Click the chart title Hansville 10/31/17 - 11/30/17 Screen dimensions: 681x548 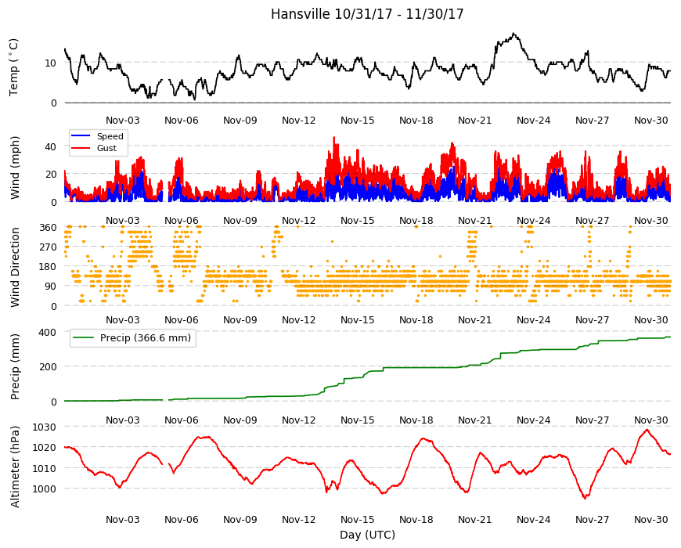coord(367,14)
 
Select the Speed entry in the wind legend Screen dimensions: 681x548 coord(110,136)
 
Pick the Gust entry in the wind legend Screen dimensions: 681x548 coord(106,148)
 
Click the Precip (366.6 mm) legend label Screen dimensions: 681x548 coord(146,338)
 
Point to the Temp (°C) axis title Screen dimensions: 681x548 coord(14,67)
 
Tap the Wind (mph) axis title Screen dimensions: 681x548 coord(15,168)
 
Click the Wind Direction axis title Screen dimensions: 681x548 coord(15,268)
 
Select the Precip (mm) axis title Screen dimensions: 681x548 coord(15,366)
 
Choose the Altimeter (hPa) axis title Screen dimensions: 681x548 coord(15,467)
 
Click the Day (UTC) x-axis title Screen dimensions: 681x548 coord(367,535)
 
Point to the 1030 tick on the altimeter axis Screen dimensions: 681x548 coord(45,427)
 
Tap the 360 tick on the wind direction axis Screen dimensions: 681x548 coord(49,228)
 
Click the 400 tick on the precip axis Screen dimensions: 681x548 coord(48,332)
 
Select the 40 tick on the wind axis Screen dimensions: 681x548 coord(50,146)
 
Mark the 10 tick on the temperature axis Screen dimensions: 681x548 coord(50,63)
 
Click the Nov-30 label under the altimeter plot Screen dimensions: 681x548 coord(651,519)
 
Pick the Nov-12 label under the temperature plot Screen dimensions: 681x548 coord(299,121)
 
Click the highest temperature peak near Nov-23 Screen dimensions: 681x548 coord(513,34)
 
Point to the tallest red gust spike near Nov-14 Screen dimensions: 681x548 coord(334,138)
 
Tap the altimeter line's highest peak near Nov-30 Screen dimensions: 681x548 coord(647,430)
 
